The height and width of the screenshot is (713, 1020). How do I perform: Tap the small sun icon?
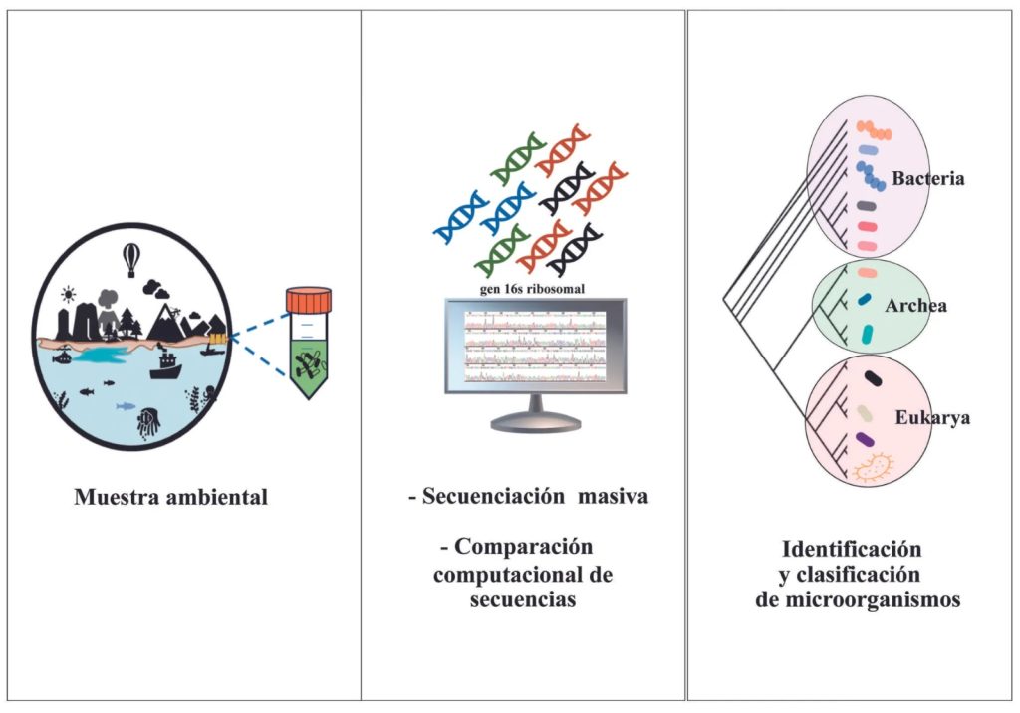click(68, 294)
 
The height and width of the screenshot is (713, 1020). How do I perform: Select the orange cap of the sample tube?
click(308, 299)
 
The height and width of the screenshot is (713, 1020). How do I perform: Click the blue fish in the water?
click(126, 405)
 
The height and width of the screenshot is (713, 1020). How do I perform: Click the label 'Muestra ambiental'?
click(170, 497)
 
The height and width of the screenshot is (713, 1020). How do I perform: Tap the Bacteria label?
click(928, 180)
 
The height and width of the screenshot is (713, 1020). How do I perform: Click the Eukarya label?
click(933, 418)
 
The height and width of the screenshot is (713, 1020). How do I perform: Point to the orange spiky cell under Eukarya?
click(873, 467)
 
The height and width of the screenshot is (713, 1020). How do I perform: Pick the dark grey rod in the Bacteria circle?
click(866, 206)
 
